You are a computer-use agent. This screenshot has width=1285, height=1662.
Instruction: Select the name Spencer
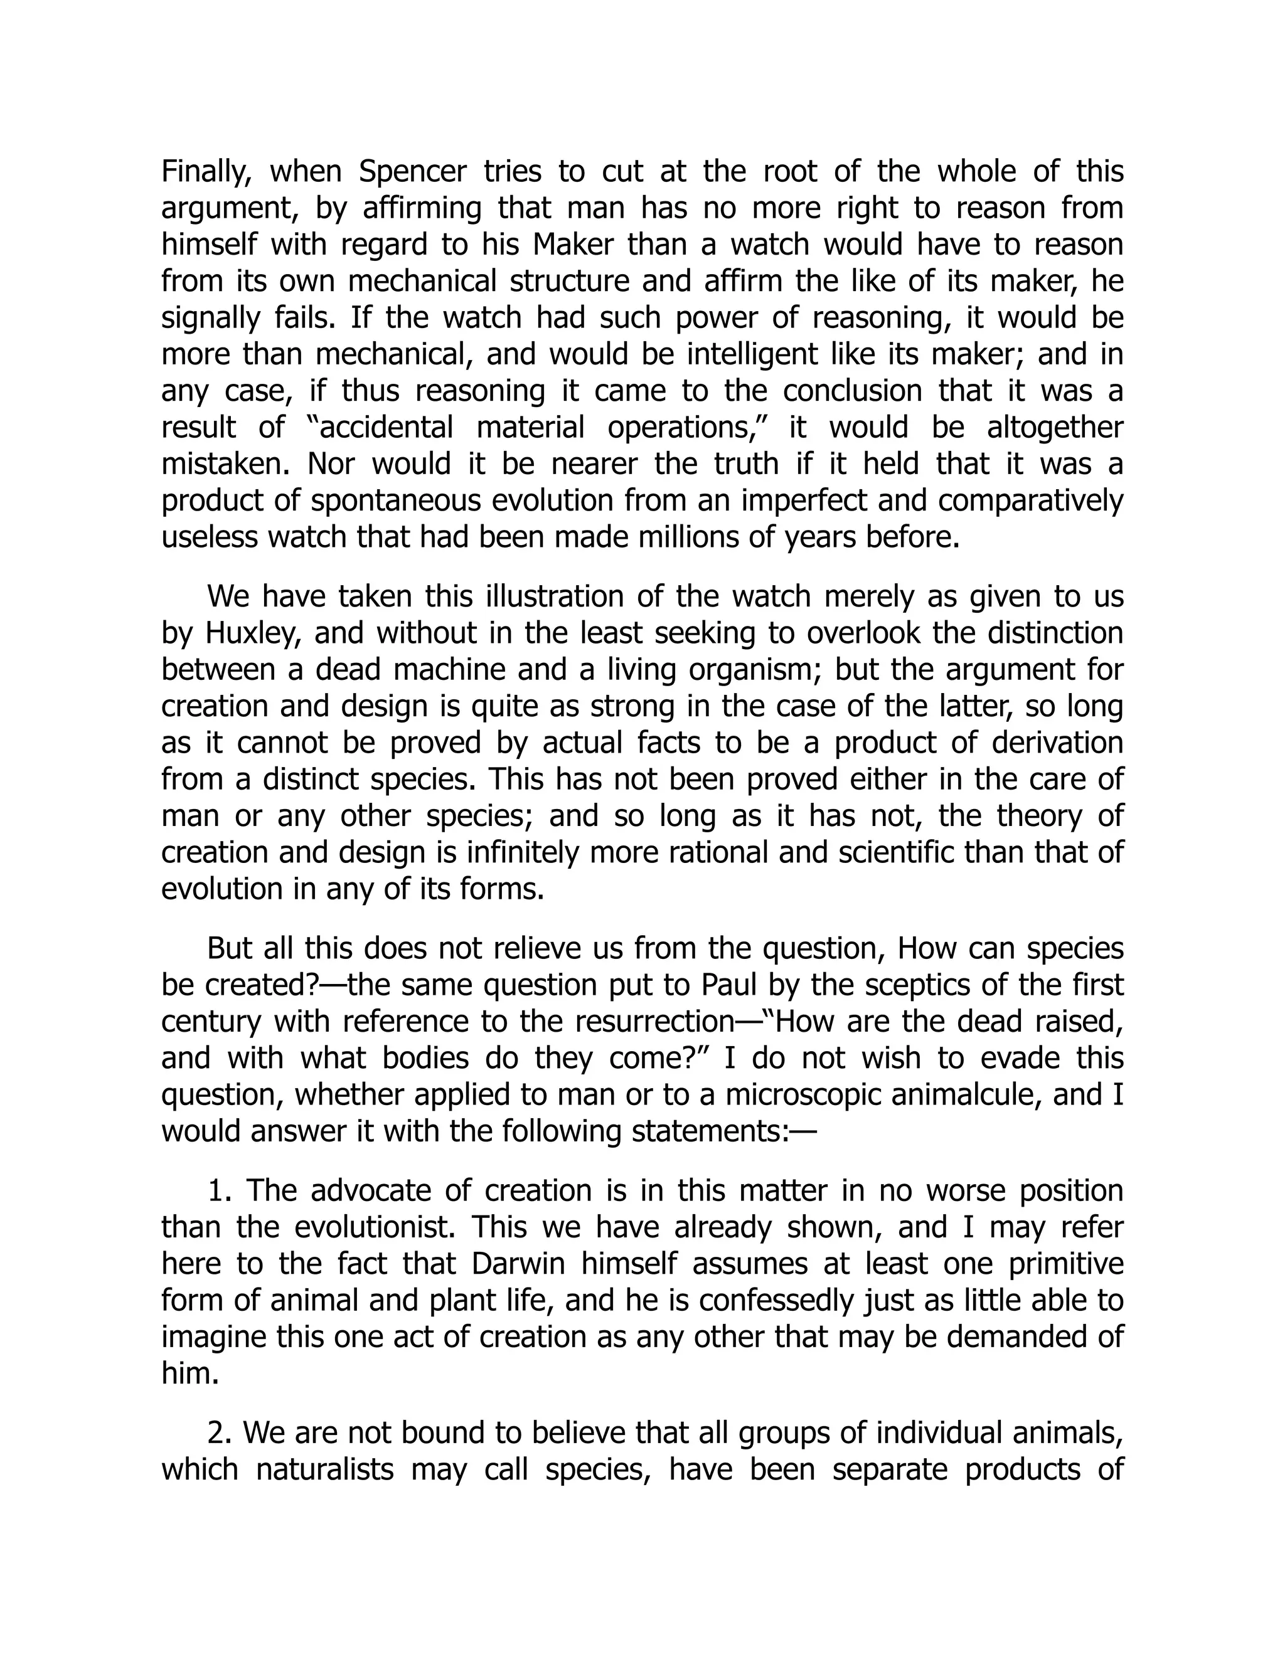tap(412, 172)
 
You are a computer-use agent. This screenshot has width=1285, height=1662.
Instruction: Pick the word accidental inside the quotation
tap(385, 428)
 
